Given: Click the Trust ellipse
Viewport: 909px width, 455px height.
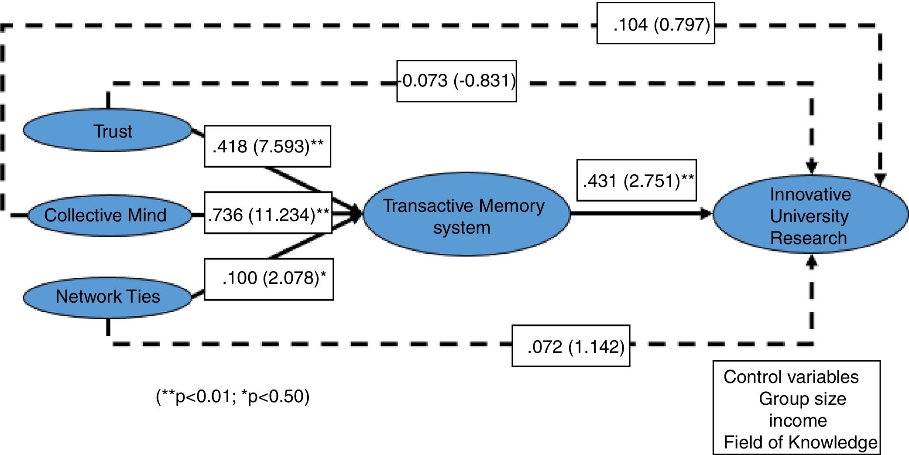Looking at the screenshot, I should click(107, 131).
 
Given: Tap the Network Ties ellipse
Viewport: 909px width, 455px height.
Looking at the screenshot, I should click(107, 297).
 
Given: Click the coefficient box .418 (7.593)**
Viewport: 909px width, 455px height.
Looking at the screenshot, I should click(268, 146).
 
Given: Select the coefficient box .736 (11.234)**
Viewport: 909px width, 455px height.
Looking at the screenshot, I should click(268, 213).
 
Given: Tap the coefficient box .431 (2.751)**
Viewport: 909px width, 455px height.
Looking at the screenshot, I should click(637, 180).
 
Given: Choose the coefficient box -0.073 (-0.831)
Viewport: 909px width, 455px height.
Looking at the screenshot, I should click(456, 81).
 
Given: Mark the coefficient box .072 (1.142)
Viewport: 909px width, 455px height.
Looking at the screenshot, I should click(571, 346).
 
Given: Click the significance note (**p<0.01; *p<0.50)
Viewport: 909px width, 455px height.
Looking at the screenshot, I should click(233, 396).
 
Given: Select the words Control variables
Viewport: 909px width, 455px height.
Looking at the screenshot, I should click(791, 377).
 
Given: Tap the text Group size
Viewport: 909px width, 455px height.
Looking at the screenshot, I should click(802, 399).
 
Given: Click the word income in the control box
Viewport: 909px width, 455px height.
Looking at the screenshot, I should click(798, 421).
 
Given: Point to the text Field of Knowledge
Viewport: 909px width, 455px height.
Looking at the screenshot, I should click(800, 442).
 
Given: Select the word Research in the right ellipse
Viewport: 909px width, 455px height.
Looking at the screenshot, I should click(808, 238).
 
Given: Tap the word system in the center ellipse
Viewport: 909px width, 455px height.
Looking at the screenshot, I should click(462, 227).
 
